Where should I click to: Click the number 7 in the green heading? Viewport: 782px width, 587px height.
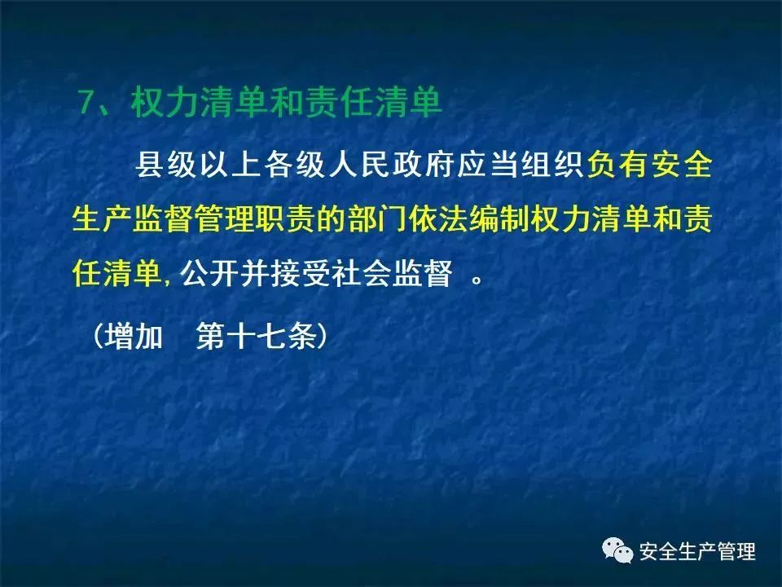point(88,103)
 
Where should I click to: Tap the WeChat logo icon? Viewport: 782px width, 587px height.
point(617,550)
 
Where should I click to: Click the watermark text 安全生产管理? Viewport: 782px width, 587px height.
point(697,552)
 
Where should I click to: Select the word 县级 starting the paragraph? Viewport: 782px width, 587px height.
point(166,164)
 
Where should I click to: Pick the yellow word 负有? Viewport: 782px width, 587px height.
point(617,164)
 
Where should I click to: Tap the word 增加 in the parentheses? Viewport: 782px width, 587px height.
point(134,335)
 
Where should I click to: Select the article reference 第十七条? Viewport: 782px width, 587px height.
point(257,335)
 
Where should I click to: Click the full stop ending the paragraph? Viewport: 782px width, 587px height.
point(477,280)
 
